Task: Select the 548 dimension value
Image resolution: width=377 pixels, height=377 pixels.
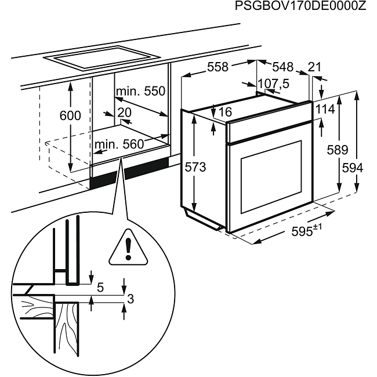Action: pyautogui.click(x=282, y=67)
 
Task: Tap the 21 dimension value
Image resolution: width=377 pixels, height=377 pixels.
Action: pyautogui.click(x=314, y=67)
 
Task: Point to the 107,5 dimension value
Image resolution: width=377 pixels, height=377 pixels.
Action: pyautogui.click(x=273, y=84)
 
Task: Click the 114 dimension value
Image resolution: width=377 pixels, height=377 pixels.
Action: pyautogui.click(x=326, y=110)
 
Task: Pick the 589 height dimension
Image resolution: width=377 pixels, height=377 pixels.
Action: pyautogui.click(x=336, y=151)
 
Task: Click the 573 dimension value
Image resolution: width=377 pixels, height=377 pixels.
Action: pyautogui.click(x=195, y=168)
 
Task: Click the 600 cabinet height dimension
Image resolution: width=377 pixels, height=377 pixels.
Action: pyautogui.click(x=70, y=115)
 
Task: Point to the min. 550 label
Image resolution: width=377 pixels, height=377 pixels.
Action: pyautogui.click(x=140, y=91)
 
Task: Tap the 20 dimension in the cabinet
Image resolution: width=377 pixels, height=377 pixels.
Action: pyautogui.click(x=124, y=113)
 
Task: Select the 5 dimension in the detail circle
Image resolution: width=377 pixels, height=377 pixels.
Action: pyautogui.click(x=100, y=287)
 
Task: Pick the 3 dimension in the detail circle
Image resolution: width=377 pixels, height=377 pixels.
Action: pyautogui.click(x=130, y=299)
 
